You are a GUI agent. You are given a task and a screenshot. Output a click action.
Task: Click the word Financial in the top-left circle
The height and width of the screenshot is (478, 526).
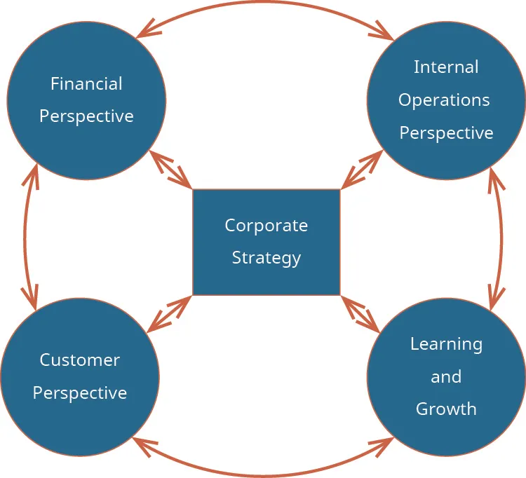point(86,84)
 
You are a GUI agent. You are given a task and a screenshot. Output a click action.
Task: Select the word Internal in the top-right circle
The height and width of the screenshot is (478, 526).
point(446,67)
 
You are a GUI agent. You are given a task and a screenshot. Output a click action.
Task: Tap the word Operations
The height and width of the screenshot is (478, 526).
point(444,100)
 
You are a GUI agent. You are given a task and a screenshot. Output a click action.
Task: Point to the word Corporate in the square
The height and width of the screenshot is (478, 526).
point(266,226)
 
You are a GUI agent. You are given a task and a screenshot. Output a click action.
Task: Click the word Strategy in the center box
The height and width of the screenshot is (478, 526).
point(266,258)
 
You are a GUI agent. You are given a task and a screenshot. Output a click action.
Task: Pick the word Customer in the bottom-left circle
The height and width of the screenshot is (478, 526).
point(79,360)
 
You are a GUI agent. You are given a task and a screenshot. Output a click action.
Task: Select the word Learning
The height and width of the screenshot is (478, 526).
point(446,344)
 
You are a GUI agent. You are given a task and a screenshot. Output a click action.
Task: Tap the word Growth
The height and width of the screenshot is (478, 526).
point(446,409)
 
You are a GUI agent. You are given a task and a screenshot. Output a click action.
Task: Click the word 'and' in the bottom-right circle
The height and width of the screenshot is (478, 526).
point(446,377)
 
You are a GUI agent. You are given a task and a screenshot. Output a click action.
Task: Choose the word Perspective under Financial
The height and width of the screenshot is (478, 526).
point(86,116)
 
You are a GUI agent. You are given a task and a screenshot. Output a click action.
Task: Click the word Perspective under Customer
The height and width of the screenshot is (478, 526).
point(79,392)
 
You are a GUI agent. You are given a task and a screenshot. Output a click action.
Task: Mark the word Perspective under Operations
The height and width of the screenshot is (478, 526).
point(446,133)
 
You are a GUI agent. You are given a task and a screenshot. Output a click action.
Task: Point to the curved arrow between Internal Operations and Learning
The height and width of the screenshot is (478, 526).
point(502,238)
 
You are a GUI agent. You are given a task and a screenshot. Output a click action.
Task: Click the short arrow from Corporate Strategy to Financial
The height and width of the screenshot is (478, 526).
point(170,170)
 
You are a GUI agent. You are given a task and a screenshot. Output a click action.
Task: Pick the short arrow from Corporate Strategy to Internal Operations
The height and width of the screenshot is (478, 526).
point(362,170)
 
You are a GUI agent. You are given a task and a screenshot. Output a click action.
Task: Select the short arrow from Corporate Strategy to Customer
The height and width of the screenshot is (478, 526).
point(170,313)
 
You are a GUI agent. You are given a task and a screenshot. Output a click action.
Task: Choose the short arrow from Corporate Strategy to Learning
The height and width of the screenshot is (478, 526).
point(360,313)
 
